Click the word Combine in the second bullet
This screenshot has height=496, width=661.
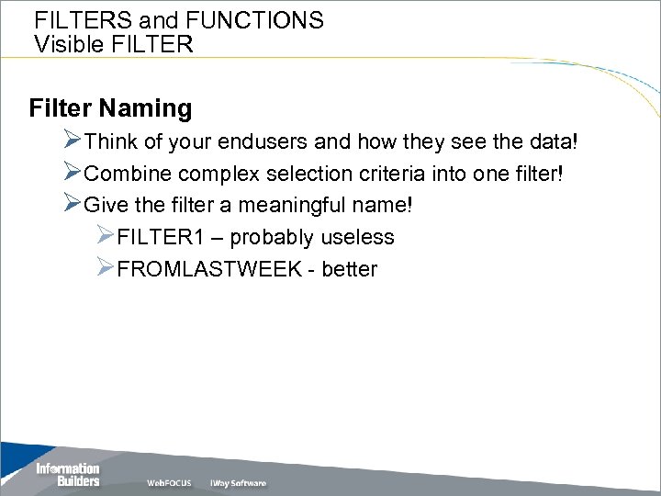pyautogui.click(x=128, y=174)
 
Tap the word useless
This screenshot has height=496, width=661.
pyautogui.click(x=357, y=237)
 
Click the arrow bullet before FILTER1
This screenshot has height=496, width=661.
pyautogui.click(x=106, y=236)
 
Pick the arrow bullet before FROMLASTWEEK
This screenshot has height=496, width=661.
pyautogui.click(x=106, y=268)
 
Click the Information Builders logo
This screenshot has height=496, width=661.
pyautogui.click(x=67, y=475)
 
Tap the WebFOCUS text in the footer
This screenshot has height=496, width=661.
pyautogui.click(x=169, y=483)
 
